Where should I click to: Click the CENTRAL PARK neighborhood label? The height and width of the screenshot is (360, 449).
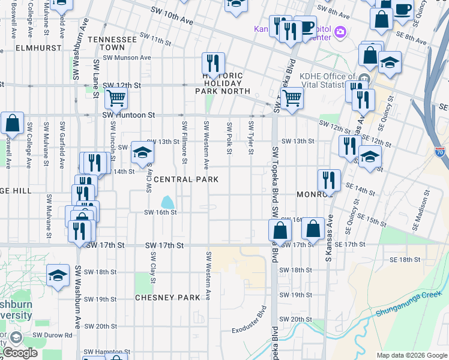(182, 179)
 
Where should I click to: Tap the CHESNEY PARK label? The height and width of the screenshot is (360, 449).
(167, 298)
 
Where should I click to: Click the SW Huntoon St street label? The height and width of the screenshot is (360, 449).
(128, 115)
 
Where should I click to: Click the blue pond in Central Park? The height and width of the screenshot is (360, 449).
(167, 202)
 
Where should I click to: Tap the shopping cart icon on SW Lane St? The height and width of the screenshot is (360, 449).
(116, 97)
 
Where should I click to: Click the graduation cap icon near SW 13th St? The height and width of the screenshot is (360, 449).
(142, 152)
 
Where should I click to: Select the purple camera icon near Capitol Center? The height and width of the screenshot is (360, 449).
(340, 31)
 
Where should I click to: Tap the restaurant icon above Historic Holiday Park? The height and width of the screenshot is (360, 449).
(213, 62)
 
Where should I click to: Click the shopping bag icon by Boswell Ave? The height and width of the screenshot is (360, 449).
(13, 123)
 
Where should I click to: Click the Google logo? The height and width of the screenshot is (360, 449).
(20, 352)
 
